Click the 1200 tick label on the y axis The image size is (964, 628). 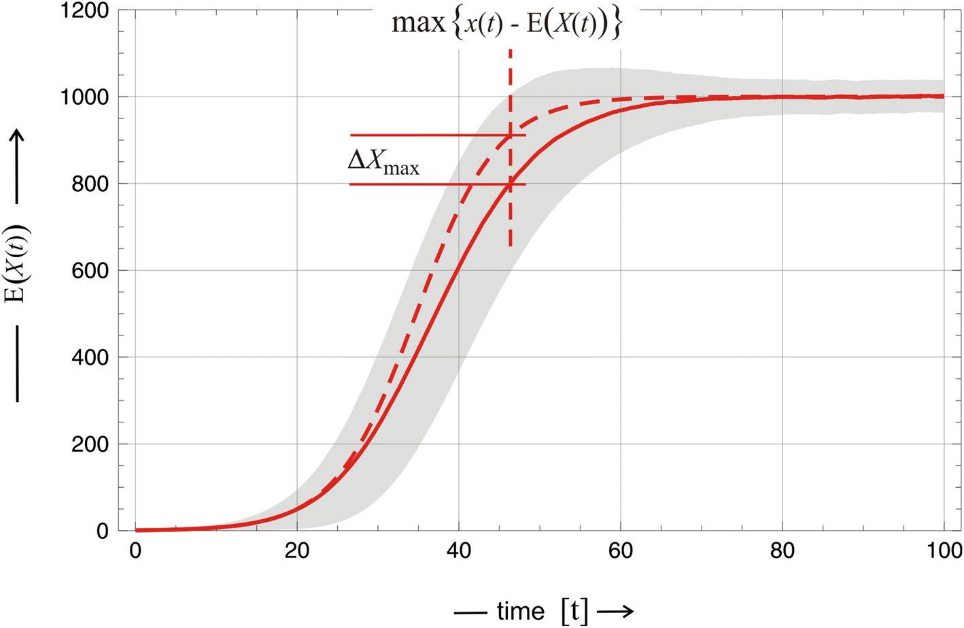point(84,11)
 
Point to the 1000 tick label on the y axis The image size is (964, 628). point(84,97)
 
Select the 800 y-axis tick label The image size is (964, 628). point(90,184)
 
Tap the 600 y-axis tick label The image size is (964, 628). point(90,271)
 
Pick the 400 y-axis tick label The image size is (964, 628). point(90,357)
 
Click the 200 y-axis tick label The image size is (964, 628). point(90,444)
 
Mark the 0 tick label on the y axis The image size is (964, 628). point(102,531)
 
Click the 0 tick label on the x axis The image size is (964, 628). point(135,550)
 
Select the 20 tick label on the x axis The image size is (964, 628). point(297,550)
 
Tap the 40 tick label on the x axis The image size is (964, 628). point(459,550)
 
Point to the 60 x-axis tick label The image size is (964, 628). point(621,550)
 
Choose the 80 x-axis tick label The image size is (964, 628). point(782,550)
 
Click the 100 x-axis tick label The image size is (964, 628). point(944,550)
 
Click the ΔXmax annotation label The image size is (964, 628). point(383,161)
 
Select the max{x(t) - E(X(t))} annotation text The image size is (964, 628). point(506,24)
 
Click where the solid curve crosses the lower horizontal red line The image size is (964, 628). point(510,184)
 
